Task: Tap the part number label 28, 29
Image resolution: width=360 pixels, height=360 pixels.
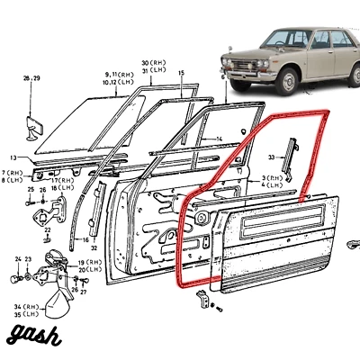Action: [32, 80]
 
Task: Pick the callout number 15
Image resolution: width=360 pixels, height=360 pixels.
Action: [181, 72]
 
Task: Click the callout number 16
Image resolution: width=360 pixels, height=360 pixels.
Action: [85, 241]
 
